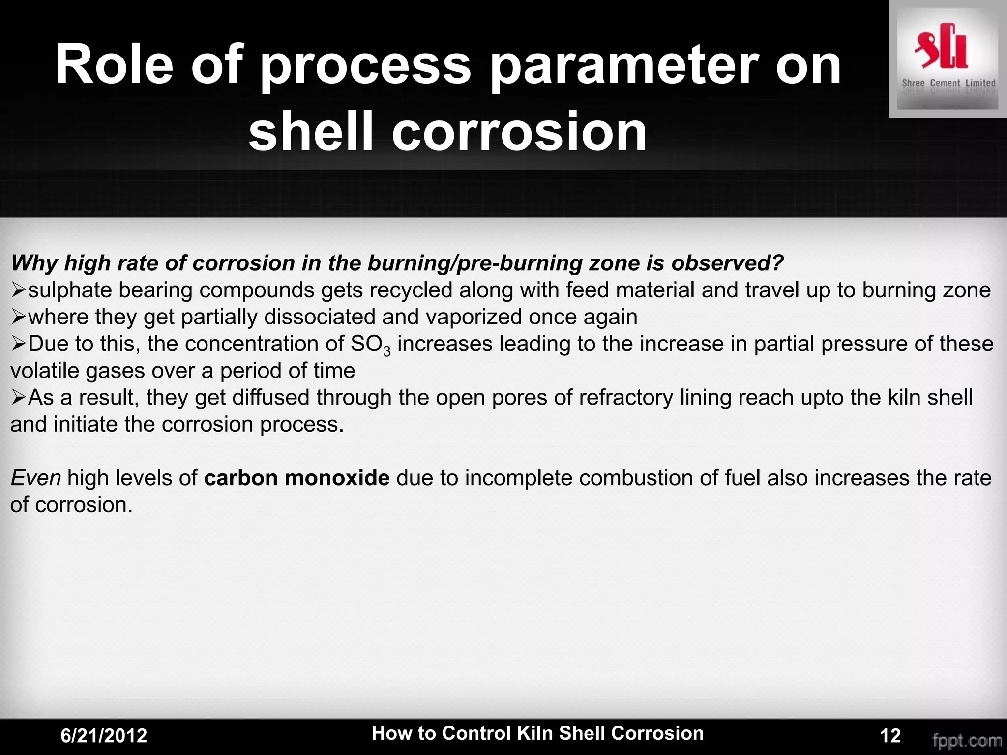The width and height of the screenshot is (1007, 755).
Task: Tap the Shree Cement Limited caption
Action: (948, 83)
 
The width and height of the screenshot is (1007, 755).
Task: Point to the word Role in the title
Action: (114, 65)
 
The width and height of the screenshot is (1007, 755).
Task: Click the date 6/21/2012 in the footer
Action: (104, 736)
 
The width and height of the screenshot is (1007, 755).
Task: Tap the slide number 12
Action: (890, 736)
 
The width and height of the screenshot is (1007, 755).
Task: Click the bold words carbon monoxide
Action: (296, 478)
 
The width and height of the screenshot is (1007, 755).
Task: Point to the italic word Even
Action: (35, 478)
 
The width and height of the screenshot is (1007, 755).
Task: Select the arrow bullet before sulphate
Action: (18, 290)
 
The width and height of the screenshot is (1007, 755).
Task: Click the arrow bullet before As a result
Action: (18, 398)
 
